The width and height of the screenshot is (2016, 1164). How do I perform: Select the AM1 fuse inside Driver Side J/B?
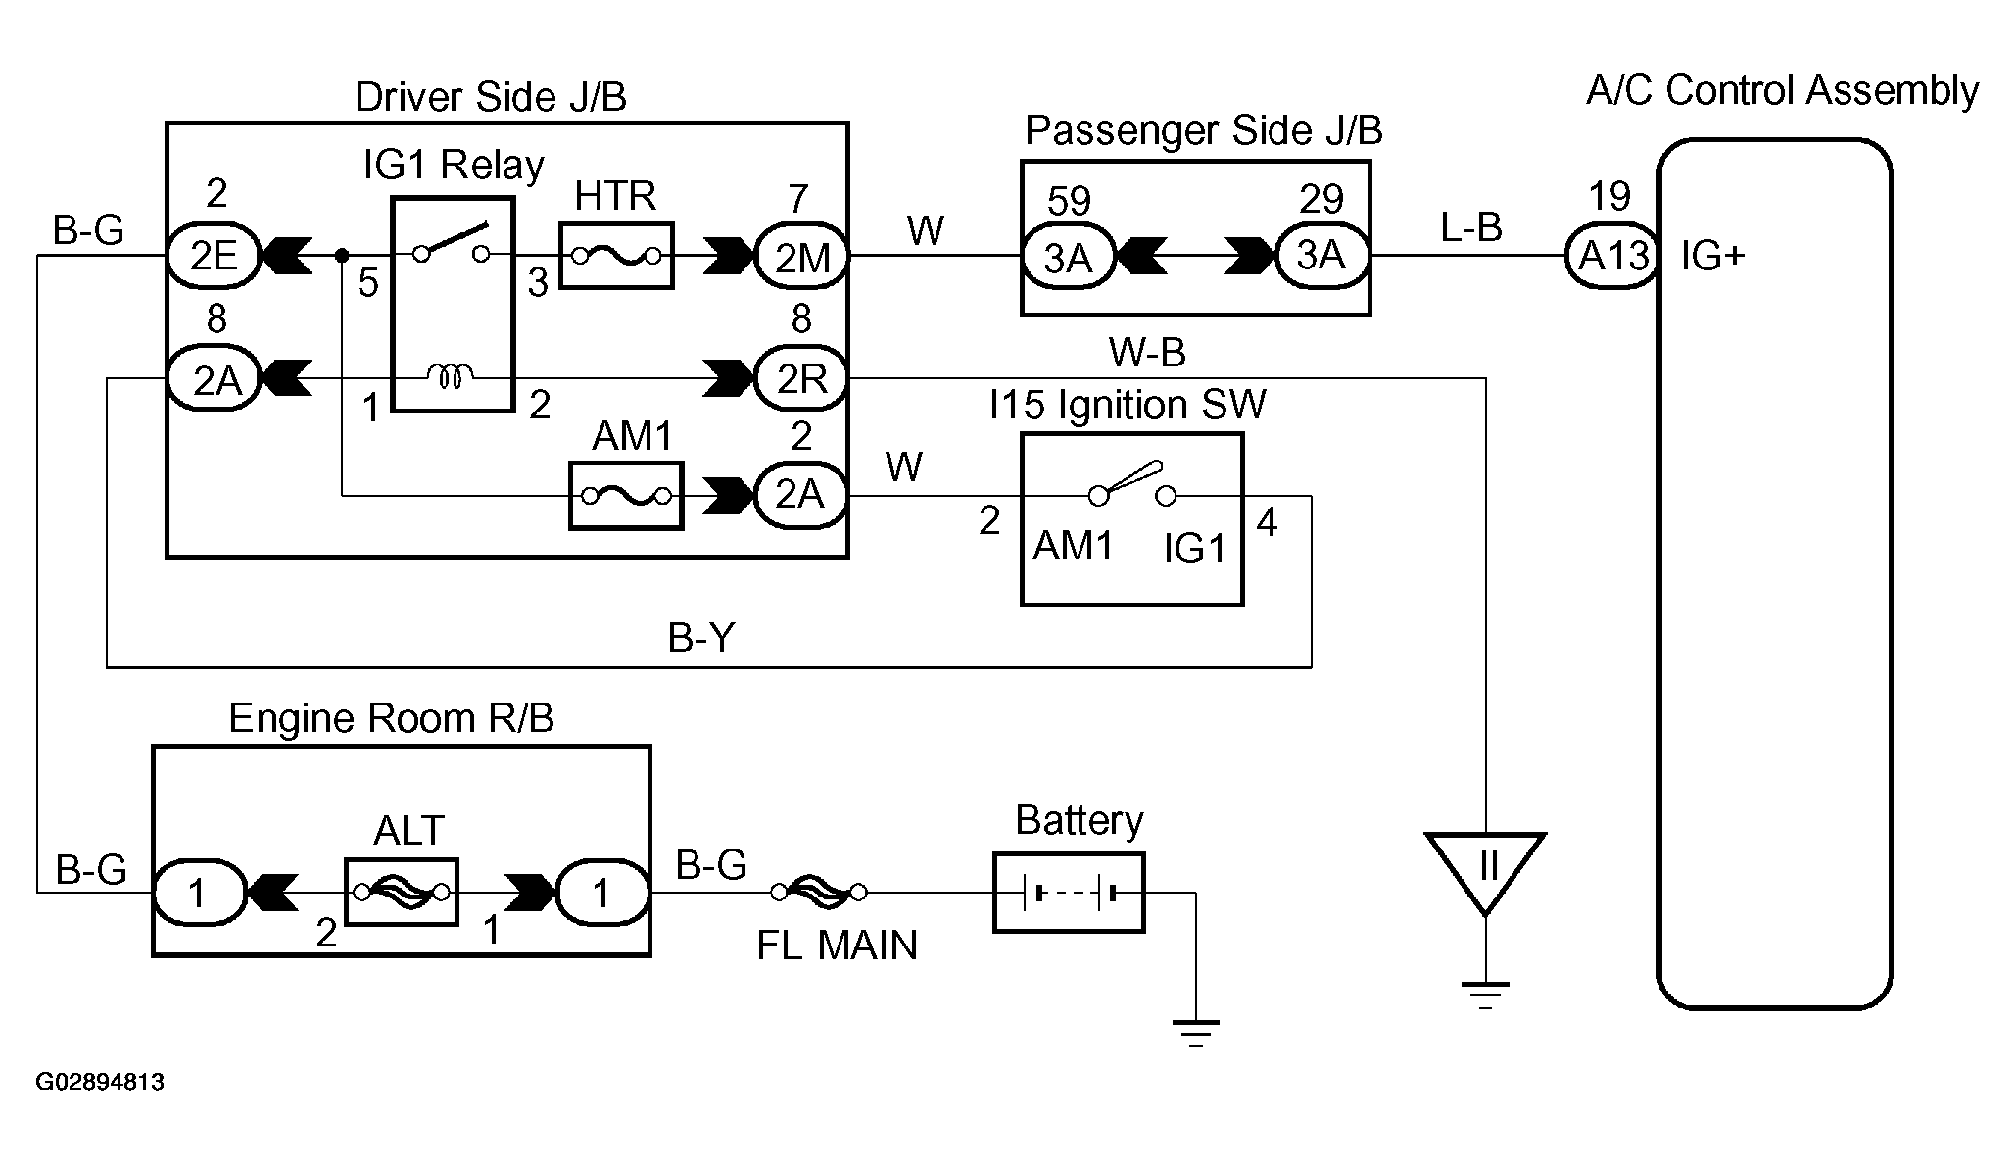[626, 496]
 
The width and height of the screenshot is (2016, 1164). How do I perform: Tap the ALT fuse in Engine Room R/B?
[402, 892]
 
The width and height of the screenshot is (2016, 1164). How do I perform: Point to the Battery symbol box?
[1069, 893]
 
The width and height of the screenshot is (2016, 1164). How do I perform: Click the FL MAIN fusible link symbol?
[818, 892]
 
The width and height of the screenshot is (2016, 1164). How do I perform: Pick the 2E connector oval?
[214, 257]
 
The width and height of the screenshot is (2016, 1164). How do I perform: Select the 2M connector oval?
[801, 258]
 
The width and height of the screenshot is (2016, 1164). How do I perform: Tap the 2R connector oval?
[801, 378]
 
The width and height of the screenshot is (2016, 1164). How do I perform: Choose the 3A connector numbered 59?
[1068, 258]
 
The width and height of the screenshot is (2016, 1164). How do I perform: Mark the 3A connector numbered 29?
[1320, 256]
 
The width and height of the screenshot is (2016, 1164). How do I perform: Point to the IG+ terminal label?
[1712, 257]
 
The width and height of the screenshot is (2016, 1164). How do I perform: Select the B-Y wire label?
[700, 639]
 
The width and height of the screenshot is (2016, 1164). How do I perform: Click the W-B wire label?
[1147, 352]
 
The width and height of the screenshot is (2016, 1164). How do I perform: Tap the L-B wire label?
[1470, 227]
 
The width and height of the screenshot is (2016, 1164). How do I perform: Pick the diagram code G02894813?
[100, 1082]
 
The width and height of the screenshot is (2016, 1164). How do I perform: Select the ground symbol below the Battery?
[1195, 1033]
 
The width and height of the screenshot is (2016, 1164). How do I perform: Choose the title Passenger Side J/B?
[1203, 130]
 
